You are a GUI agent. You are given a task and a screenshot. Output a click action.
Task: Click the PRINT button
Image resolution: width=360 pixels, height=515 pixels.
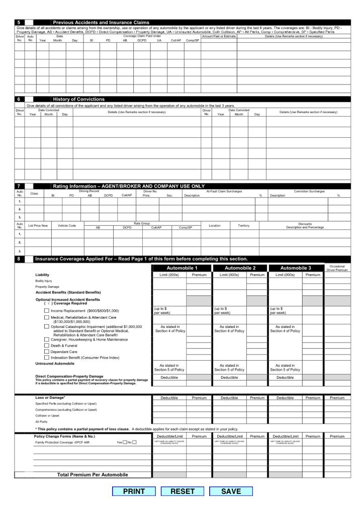[133, 491]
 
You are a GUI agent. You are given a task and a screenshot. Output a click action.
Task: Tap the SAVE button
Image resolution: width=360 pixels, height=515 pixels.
[231, 491]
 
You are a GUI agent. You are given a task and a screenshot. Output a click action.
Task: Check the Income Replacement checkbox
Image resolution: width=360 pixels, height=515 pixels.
[47, 311]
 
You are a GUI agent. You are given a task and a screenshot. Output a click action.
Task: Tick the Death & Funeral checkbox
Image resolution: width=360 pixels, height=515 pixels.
[47, 346]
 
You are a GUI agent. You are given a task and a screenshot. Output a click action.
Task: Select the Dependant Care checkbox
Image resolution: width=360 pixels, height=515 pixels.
[47, 352]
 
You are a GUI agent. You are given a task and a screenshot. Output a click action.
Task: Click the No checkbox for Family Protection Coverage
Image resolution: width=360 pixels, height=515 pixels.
[134, 442]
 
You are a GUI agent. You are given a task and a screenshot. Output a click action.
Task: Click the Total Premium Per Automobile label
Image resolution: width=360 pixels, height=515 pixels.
[93, 474]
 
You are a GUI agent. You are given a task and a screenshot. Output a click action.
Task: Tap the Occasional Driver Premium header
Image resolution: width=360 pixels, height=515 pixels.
[337, 268]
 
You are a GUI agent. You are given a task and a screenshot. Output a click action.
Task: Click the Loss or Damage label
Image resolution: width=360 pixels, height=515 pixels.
[48, 398]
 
